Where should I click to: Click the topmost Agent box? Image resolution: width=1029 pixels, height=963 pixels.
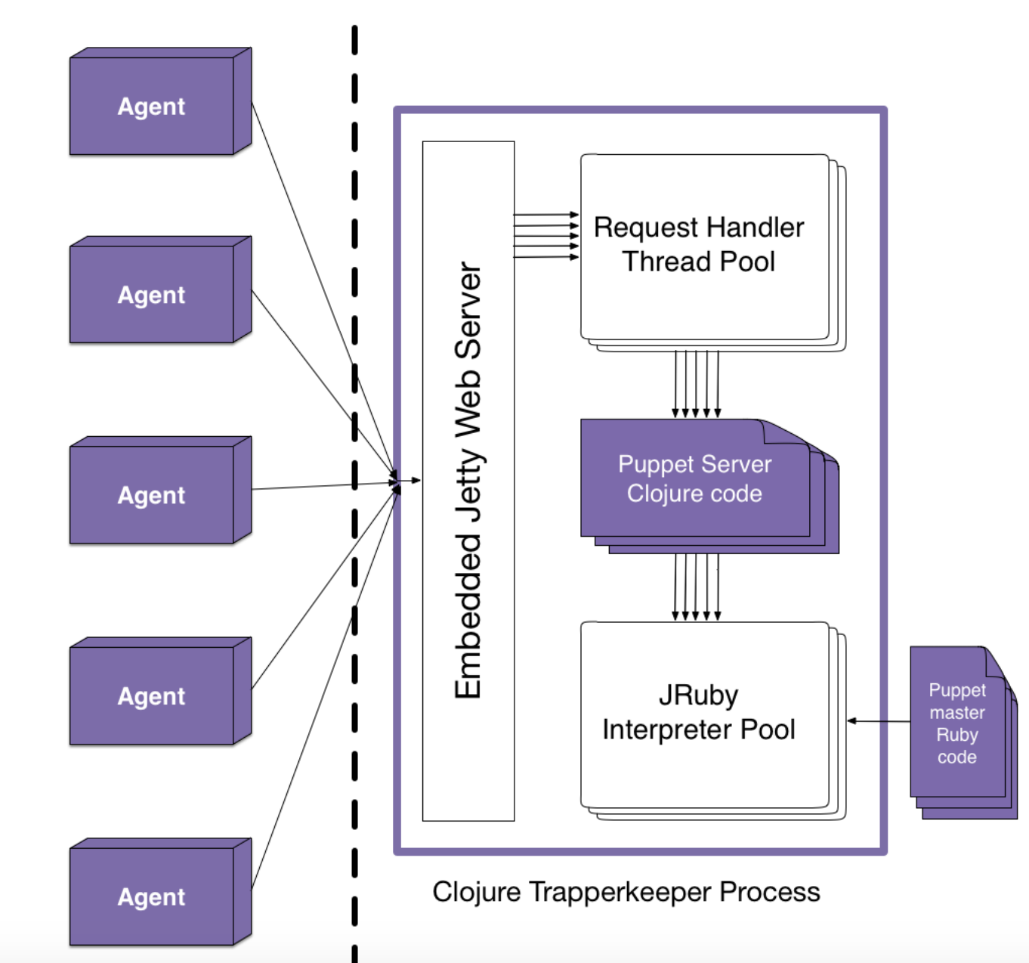151,107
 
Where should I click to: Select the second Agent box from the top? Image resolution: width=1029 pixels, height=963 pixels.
151,295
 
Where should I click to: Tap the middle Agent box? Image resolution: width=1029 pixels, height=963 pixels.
151,495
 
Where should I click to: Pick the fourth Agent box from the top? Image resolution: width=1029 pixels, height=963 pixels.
151,696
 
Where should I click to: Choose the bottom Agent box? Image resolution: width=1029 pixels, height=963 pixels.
151,896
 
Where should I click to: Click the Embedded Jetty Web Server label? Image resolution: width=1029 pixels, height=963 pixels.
468,481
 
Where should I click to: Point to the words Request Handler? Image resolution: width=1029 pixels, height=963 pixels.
698,228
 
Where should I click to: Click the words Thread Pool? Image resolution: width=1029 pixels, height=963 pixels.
698,262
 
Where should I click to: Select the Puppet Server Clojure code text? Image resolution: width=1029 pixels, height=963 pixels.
694,478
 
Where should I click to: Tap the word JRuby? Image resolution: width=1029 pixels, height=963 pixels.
698,695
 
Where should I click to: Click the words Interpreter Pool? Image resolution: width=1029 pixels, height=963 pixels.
698,729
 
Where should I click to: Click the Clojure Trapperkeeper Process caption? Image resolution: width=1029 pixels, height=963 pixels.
626,892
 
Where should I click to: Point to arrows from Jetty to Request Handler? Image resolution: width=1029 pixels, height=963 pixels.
545,236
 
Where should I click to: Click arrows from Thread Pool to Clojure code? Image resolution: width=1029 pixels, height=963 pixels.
697,384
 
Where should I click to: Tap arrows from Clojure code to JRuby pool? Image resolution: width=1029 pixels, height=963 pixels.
697,587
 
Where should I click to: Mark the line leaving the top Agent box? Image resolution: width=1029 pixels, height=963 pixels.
302,227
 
